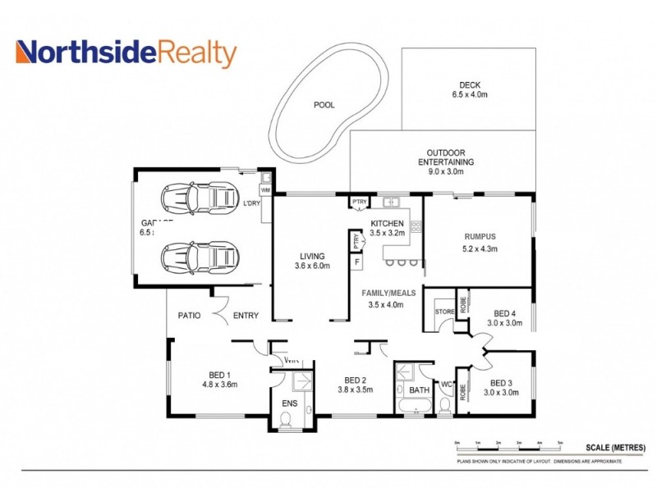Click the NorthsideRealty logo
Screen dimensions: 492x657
[x=126, y=53]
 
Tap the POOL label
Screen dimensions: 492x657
[x=324, y=105]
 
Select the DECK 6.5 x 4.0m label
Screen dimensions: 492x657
[x=469, y=89]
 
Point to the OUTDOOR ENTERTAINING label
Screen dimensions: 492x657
[x=445, y=162]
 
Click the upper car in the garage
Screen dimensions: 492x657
[x=200, y=197]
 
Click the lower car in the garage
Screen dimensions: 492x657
[x=200, y=257]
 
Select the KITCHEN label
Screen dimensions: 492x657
[x=387, y=228]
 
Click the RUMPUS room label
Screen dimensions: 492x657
[x=480, y=242]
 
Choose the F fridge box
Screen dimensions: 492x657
[x=356, y=262]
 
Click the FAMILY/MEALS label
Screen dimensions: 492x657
[x=389, y=298]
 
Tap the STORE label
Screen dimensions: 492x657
[x=444, y=312]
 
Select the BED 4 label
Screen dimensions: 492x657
[x=505, y=318]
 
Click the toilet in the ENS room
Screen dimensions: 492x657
[x=287, y=421]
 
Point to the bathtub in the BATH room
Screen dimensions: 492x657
[x=413, y=406]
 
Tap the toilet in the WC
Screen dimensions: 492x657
[x=446, y=405]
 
